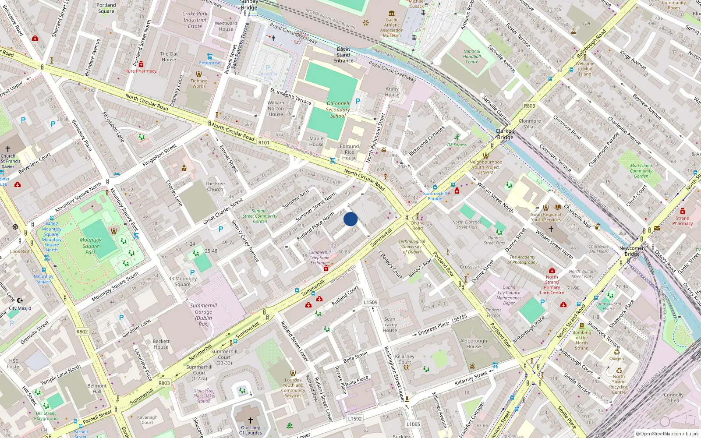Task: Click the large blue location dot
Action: click(350, 219)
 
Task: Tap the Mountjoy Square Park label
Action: click(91, 246)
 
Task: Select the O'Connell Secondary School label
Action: click(338, 109)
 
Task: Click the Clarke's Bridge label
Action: click(505, 134)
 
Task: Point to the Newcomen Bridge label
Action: click(632, 251)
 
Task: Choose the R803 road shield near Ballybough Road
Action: click(529, 106)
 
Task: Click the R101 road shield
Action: click(264, 142)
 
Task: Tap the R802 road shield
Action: click(82, 332)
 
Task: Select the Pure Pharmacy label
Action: click(141, 71)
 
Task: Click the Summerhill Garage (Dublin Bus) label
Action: click(203, 314)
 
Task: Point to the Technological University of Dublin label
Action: click(412, 247)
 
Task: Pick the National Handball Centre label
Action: click(472, 57)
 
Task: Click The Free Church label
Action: click(215, 187)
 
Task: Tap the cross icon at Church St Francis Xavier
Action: click(8, 149)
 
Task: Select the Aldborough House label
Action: click(473, 343)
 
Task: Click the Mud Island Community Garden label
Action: click(641, 171)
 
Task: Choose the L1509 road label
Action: click(370, 302)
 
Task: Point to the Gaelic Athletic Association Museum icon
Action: click(392, 14)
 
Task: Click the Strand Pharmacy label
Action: click(682, 221)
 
